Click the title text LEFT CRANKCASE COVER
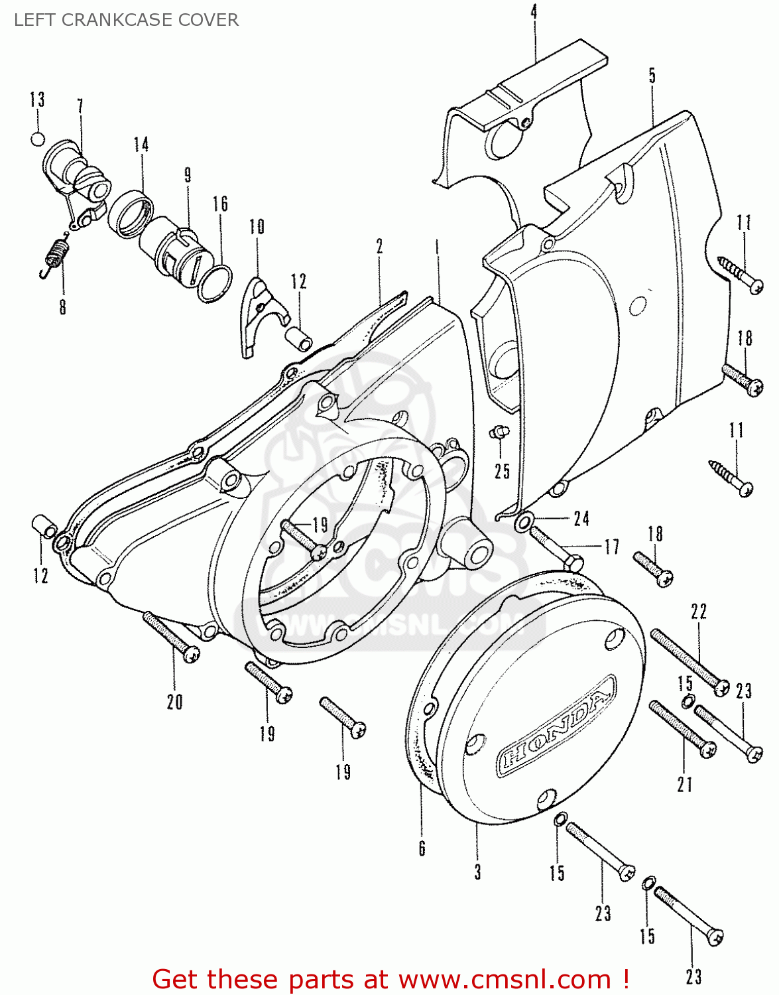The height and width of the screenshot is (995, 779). tap(126, 20)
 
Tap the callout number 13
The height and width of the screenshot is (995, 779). tap(37, 99)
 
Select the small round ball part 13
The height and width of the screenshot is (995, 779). tap(38, 139)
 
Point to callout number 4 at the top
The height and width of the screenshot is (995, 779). tap(534, 11)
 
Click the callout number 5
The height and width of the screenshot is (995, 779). tap(652, 75)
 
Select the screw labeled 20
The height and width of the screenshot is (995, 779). tap(171, 637)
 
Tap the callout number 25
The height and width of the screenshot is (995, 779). tap(502, 471)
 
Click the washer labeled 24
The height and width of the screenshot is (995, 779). tap(522, 523)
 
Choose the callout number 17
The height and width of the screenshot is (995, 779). tap(611, 547)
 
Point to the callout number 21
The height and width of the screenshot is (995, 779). tap(684, 784)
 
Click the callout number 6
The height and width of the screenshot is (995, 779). tap(422, 848)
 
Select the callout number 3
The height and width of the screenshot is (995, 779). tap(477, 871)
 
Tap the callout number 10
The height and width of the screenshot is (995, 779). tap(257, 227)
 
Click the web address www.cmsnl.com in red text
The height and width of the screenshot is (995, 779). tap(504, 979)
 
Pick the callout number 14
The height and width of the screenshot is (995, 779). tap(141, 145)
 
